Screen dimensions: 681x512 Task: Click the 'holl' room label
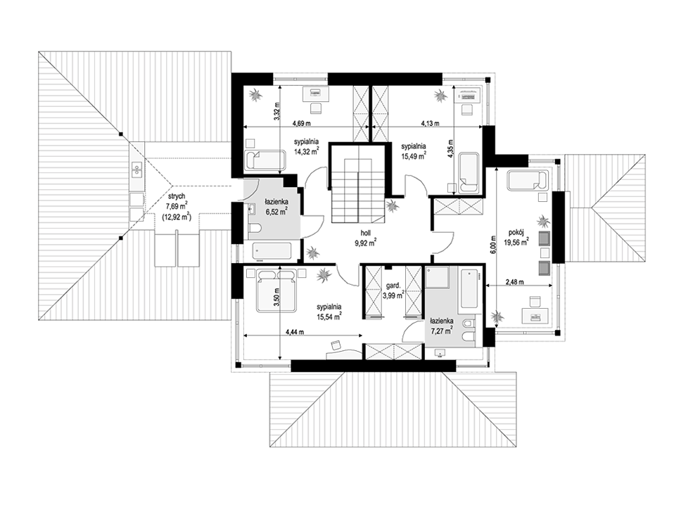click(364, 233)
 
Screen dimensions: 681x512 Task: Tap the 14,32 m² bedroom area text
click(307, 151)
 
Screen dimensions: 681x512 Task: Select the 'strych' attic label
click(177, 197)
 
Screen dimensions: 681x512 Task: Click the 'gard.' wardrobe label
click(393, 286)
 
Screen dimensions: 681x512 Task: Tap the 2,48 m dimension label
click(514, 282)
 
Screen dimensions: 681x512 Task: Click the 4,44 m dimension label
click(295, 332)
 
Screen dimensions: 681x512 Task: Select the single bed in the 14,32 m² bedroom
click(266, 160)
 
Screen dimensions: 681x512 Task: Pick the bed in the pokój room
click(527, 181)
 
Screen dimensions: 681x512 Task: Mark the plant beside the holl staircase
click(393, 205)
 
